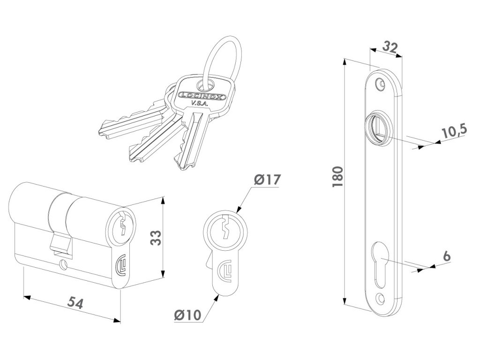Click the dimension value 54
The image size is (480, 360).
75,303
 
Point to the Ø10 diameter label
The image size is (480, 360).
187,315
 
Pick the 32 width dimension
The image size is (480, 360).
390,46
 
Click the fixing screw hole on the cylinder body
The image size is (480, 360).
62,266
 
